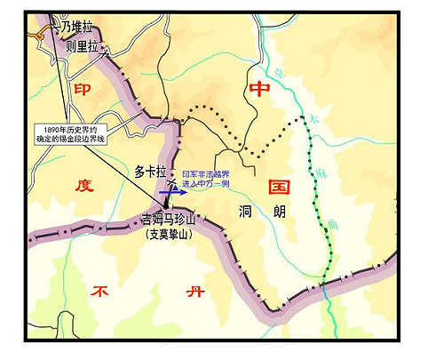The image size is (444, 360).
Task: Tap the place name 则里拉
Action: coord(83,47)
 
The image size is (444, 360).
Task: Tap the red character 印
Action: coord(83,90)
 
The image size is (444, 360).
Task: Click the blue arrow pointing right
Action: coord(172,189)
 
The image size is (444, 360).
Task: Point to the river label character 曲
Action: coord(332,218)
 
